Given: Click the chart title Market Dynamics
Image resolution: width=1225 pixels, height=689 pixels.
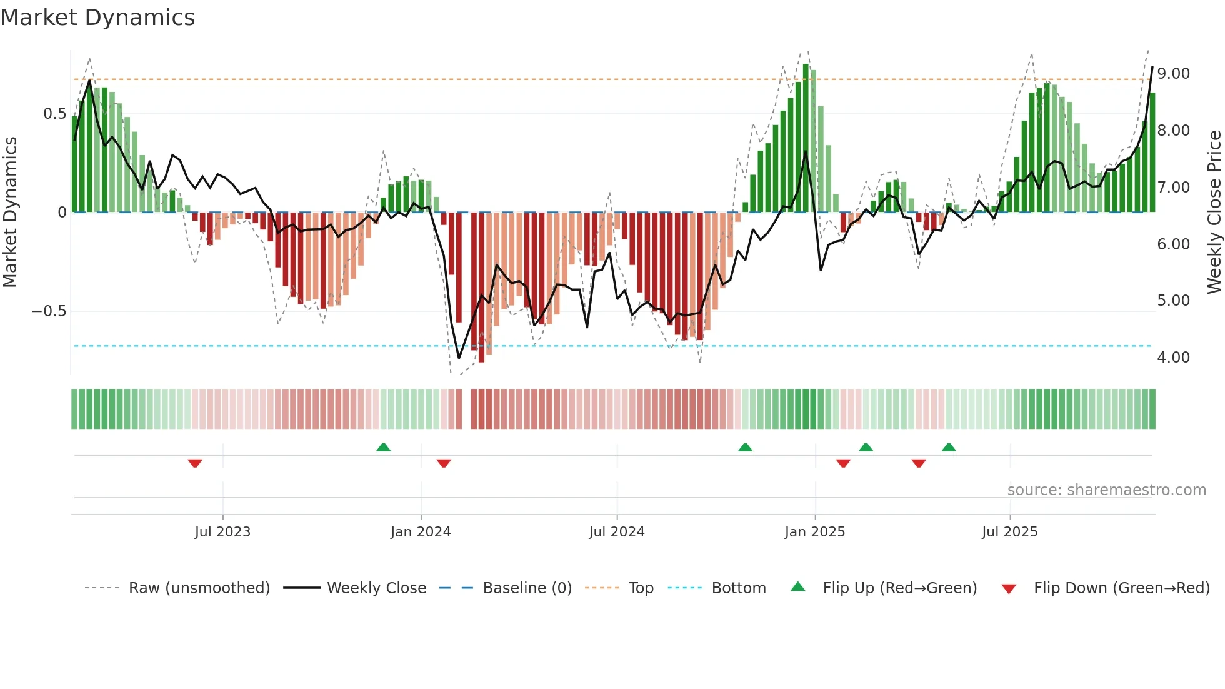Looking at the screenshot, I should point(97,18).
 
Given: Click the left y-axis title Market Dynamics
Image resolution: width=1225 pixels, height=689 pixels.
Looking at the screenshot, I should point(11,212).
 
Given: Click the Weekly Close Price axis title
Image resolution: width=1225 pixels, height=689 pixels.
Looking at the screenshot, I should point(1214,212).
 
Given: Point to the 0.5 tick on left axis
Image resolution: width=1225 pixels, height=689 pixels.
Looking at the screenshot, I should point(54,114).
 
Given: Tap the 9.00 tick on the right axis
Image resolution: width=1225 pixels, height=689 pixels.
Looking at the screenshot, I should point(1173,74).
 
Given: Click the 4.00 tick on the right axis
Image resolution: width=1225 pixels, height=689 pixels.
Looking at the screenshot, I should point(1173,358).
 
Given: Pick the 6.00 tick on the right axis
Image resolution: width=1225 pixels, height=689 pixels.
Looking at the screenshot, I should point(1173,244).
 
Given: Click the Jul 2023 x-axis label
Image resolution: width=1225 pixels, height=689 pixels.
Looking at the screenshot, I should point(222,532).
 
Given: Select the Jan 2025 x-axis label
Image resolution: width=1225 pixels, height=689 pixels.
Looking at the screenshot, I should point(814,532).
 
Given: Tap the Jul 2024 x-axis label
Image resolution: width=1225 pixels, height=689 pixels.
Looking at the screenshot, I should point(616,532).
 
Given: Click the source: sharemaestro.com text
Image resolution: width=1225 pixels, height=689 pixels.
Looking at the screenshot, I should point(1106,490).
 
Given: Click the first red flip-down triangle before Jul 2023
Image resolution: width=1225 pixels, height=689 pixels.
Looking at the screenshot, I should point(195,463).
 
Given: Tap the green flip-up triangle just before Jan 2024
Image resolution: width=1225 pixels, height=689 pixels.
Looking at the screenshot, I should point(383,447).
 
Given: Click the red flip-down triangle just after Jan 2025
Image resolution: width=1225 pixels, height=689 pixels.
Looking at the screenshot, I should point(843,463).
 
